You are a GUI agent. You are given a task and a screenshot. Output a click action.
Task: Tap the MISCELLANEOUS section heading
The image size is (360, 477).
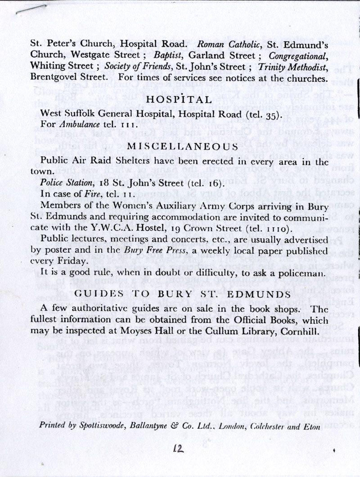coord(182,146)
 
